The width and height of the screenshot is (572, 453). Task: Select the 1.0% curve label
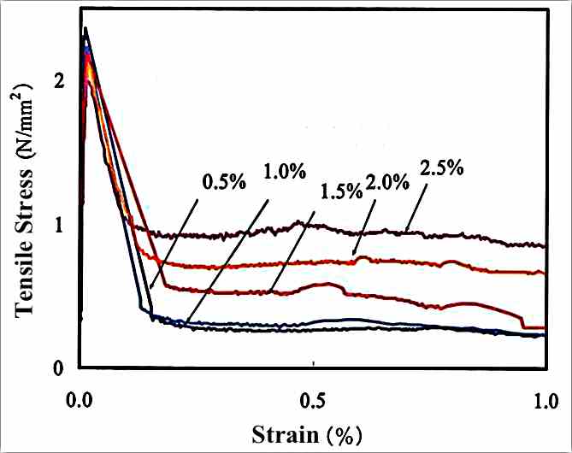(x=283, y=171)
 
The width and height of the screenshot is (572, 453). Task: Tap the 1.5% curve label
(x=340, y=191)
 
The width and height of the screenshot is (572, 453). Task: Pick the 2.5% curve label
(x=441, y=168)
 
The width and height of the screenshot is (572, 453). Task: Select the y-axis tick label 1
(x=58, y=226)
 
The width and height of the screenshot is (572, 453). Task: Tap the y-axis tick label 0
(x=58, y=368)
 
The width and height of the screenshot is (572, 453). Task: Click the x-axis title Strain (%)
(x=313, y=434)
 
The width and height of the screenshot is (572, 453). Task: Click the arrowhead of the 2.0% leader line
(x=354, y=254)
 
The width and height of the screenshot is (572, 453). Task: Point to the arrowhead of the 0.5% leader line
(x=150, y=288)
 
